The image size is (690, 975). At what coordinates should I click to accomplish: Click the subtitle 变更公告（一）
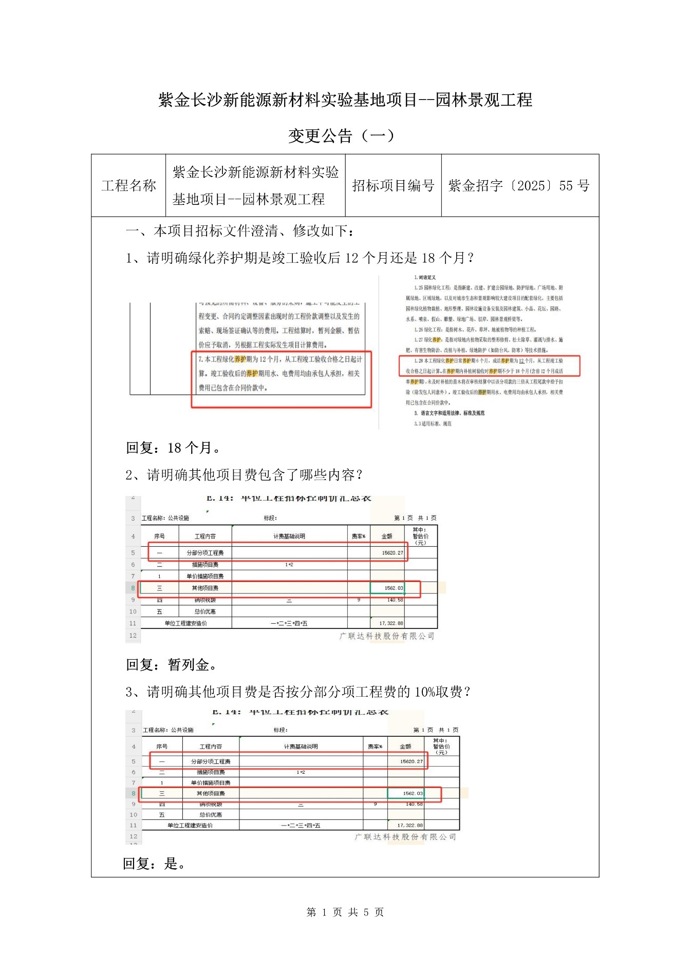[x=341, y=136]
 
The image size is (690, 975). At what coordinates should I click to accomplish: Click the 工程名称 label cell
[x=128, y=185]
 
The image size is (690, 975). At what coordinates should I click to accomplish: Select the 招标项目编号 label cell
[x=393, y=185]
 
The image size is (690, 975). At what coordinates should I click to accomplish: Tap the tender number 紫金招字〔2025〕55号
[x=519, y=185]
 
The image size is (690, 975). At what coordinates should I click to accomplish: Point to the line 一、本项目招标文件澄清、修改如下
[x=239, y=231]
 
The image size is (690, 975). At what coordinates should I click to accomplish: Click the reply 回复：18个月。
[x=173, y=448]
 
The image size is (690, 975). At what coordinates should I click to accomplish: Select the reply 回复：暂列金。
[x=172, y=665]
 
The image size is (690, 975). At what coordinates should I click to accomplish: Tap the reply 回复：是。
[x=154, y=864]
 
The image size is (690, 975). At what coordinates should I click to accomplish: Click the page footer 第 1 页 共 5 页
[x=345, y=912]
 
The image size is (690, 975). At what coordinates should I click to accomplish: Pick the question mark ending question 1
[x=470, y=258]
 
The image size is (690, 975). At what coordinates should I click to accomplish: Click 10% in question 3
[x=424, y=692]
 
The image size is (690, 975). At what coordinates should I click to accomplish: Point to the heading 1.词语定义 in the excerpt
[x=425, y=277]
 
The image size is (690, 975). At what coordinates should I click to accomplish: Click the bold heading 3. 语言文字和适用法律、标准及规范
[x=449, y=413]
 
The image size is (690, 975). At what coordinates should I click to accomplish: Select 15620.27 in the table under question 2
[x=392, y=553]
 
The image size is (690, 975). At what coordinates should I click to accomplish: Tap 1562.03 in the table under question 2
[x=394, y=588]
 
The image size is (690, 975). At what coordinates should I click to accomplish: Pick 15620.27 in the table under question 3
[x=411, y=761]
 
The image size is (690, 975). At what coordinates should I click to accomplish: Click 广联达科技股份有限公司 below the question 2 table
[x=387, y=636]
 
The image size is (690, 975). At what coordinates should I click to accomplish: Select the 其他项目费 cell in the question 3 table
[x=211, y=794]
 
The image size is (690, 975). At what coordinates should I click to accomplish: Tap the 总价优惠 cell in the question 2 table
[x=205, y=611]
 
